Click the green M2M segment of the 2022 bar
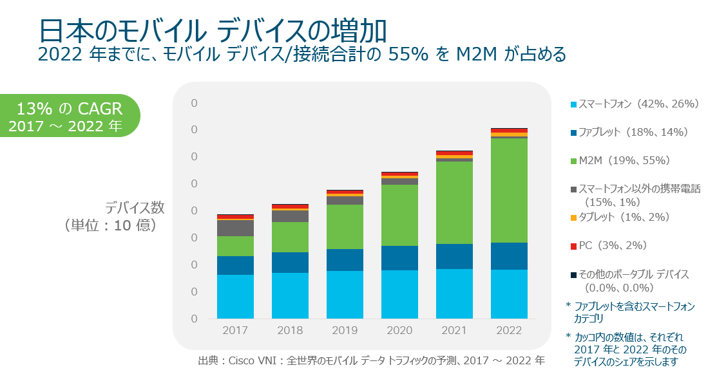[509, 190]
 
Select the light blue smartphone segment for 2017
[235, 297]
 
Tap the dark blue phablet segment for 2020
[399, 257]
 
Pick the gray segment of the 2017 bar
[235, 228]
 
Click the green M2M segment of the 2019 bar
[345, 227]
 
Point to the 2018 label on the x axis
[290, 330]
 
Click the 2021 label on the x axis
[454, 330]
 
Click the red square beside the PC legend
[573, 246]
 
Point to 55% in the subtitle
[408, 55]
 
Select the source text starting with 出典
[371, 360]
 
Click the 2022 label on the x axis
[509, 330]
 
